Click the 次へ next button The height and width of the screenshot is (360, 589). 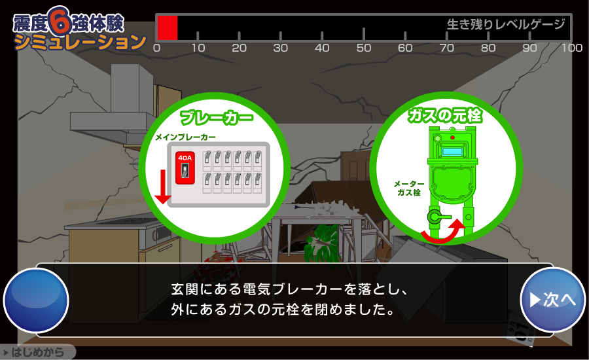[x=552, y=300]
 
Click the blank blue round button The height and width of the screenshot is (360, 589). [x=36, y=300]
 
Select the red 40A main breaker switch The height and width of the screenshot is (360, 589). [x=185, y=168]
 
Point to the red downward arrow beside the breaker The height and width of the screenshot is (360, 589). [x=163, y=187]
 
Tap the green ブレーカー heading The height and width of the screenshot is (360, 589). [x=217, y=117]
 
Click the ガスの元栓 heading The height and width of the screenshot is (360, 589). [x=445, y=115]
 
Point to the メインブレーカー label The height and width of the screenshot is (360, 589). [x=186, y=137]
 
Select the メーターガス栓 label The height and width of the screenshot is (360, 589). [x=408, y=188]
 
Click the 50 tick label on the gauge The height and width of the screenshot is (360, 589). [x=364, y=48]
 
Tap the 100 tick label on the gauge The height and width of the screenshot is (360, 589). [x=572, y=48]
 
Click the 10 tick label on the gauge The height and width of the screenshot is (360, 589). [x=198, y=48]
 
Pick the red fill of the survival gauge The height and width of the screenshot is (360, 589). [x=167, y=27]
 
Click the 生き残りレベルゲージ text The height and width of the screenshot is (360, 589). [x=506, y=24]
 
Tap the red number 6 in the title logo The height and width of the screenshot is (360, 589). [x=60, y=20]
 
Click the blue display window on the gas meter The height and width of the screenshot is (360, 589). [x=453, y=151]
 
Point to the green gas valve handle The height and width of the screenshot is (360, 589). [x=438, y=217]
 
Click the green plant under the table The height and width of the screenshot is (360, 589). [x=321, y=244]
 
